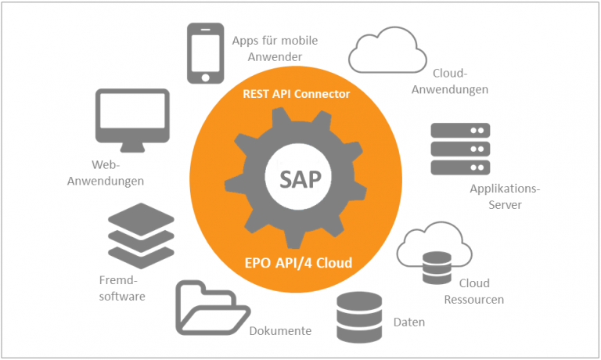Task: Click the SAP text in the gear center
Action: point(300,179)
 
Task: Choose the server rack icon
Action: point(460,149)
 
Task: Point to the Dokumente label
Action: point(280,331)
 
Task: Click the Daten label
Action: point(410,322)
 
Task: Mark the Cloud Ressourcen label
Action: point(474,291)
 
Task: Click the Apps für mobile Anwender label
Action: point(275,49)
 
